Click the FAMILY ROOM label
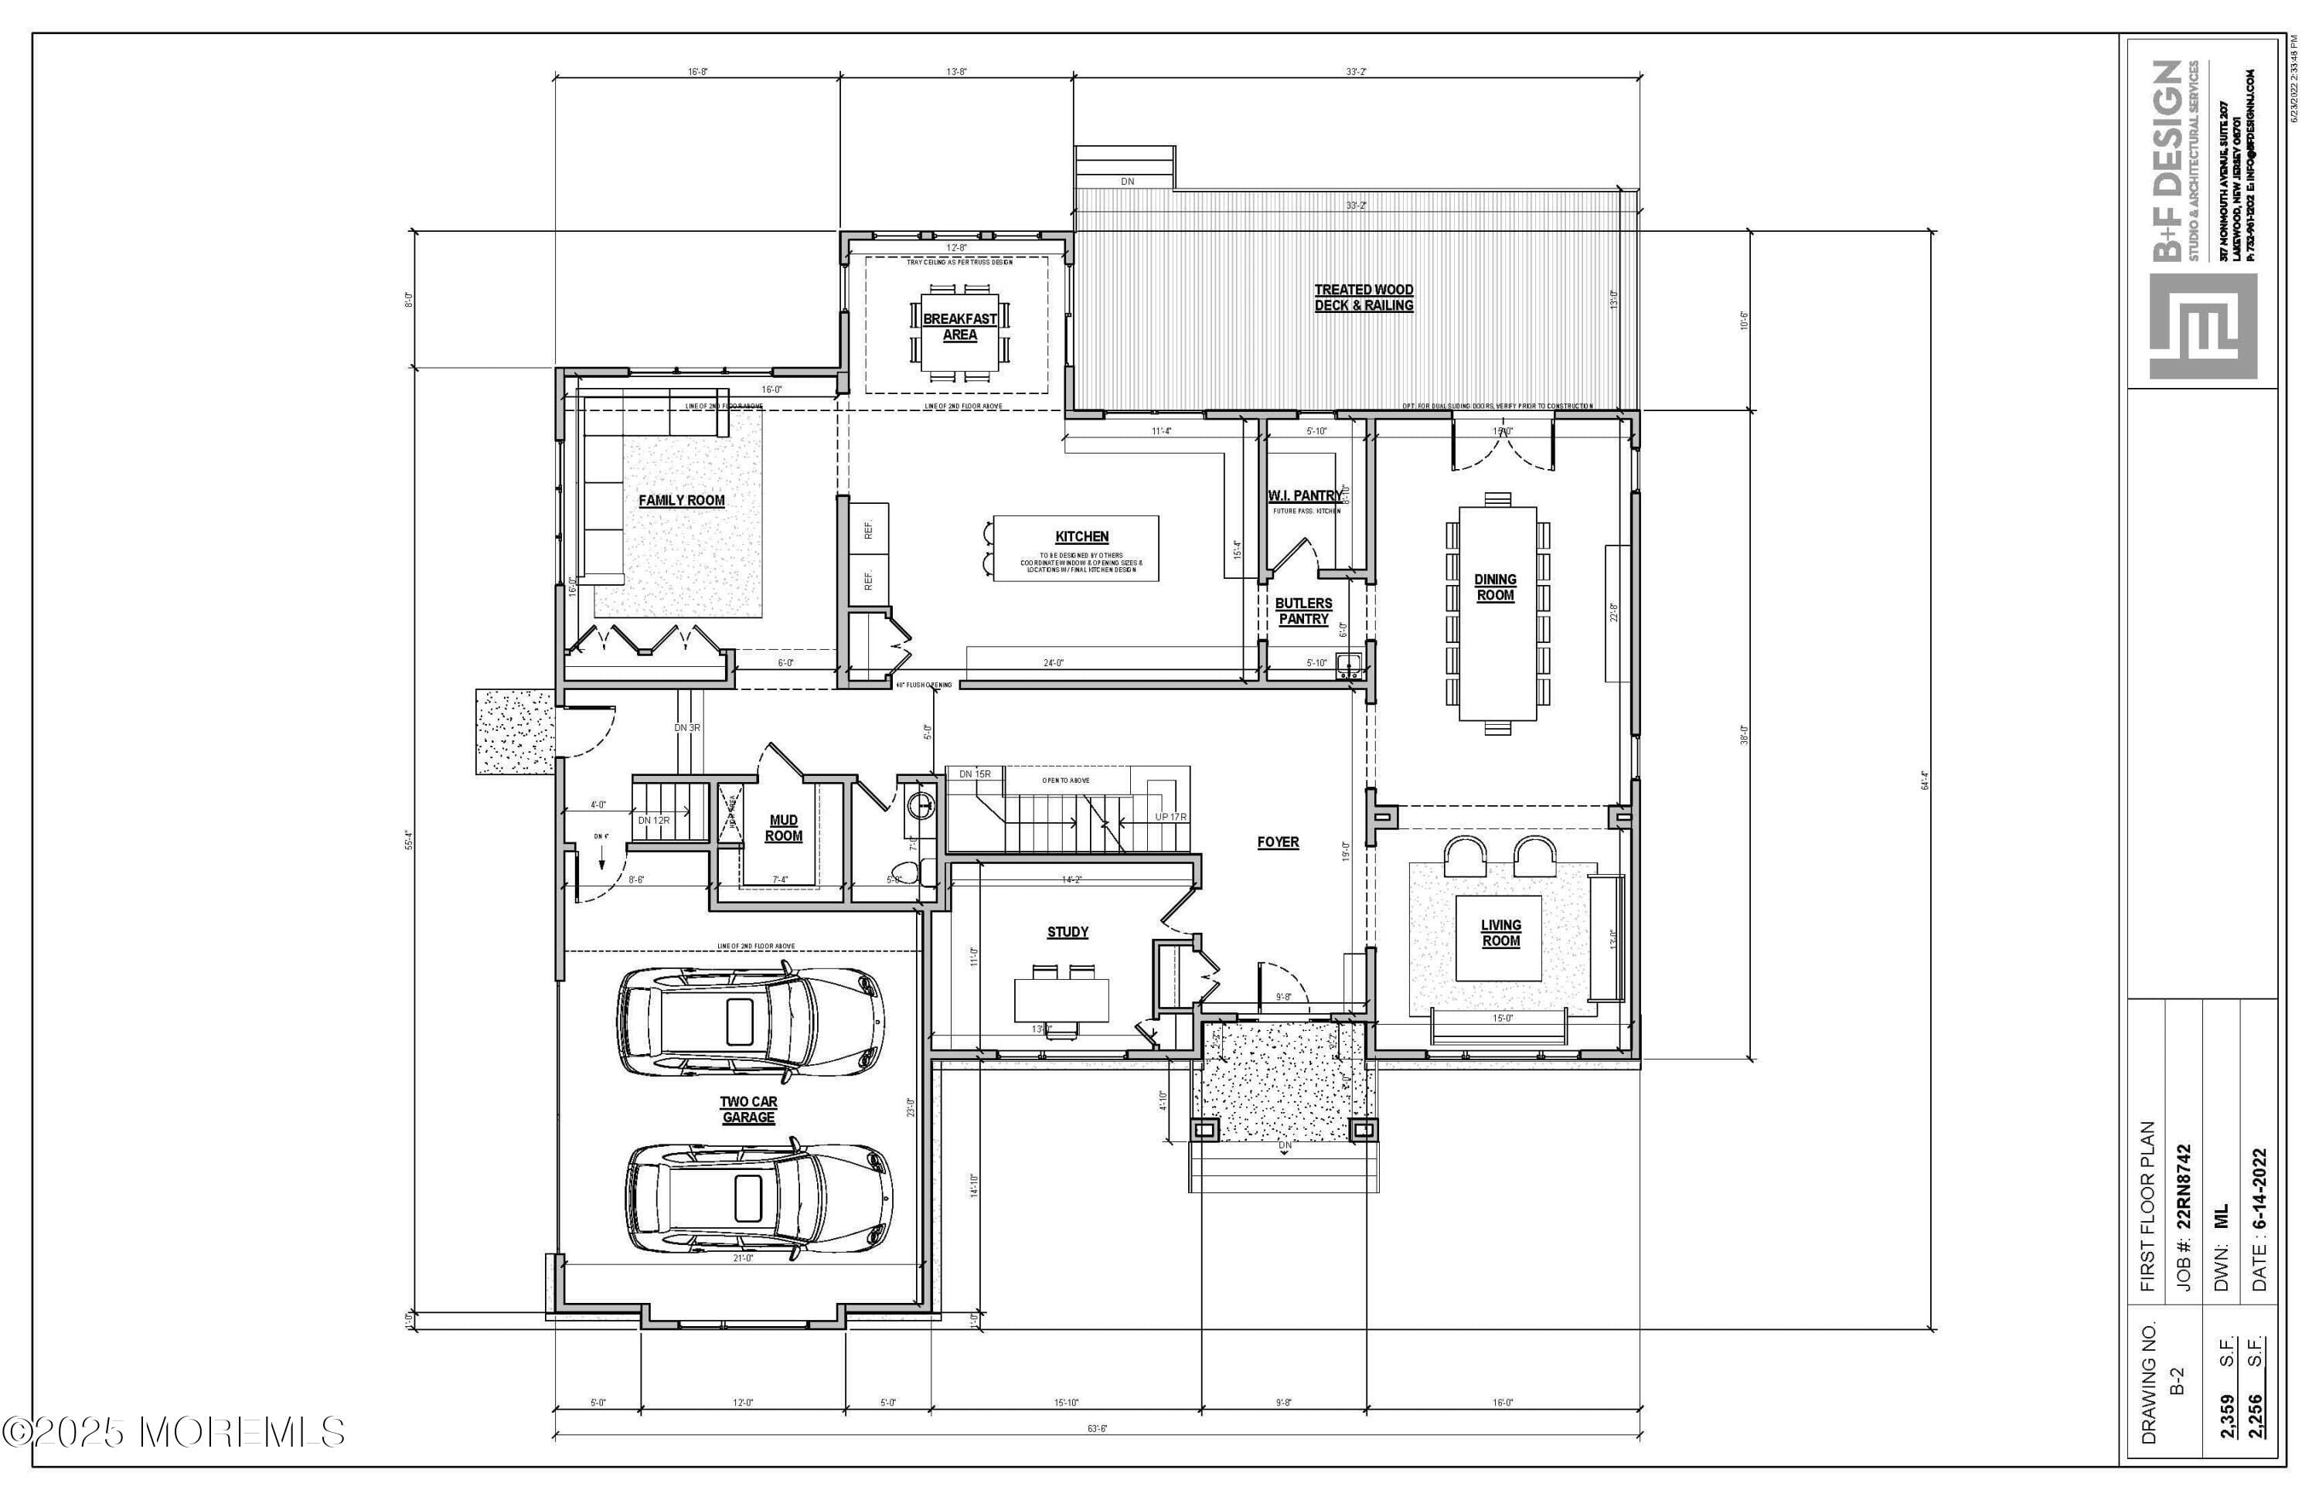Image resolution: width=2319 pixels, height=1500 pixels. tap(681, 501)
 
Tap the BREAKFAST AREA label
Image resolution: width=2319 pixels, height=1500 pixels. tap(960, 326)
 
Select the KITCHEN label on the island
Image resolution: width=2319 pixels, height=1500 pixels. tap(1081, 536)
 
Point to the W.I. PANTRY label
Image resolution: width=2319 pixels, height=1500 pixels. tap(1304, 496)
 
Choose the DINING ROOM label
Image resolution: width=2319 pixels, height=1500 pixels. tap(1495, 587)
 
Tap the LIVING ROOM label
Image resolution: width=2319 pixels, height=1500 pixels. tap(1500, 933)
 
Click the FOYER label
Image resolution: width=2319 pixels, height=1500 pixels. tap(1278, 842)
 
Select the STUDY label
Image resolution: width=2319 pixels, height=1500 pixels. tap(1067, 932)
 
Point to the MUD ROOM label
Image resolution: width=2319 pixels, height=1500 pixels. tap(783, 828)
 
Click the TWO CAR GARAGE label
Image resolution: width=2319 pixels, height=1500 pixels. tap(748, 1110)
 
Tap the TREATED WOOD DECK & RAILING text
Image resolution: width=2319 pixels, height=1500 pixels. tap(1363, 297)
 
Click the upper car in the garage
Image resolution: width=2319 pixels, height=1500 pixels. tap(751, 1022)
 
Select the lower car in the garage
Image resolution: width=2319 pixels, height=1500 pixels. tap(758, 1198)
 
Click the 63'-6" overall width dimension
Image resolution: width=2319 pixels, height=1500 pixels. tap(1097, 1429)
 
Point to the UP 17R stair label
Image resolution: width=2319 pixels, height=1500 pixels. tap(1170, 817)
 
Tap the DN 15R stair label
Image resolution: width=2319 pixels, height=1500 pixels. tap(975, 774)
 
